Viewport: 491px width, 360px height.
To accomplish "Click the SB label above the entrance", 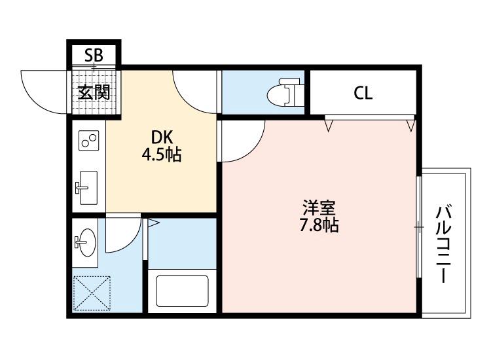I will click(x=94, y=55).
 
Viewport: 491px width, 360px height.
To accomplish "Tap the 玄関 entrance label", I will click(x=94, y=92).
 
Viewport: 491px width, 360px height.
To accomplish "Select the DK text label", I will click(x=161, y=137).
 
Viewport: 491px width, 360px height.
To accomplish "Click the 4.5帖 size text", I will click(x=161, y=155).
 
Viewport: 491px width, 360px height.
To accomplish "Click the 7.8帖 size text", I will click(x=319, y=226).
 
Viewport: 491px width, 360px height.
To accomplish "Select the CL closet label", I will click(x=363, y=93).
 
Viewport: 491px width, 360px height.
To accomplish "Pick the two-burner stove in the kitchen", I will click(x=88, y=141).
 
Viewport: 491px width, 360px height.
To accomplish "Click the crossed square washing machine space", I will click(x=92, y=293).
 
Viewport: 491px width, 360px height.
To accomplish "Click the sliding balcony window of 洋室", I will click(x=418, y=226).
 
